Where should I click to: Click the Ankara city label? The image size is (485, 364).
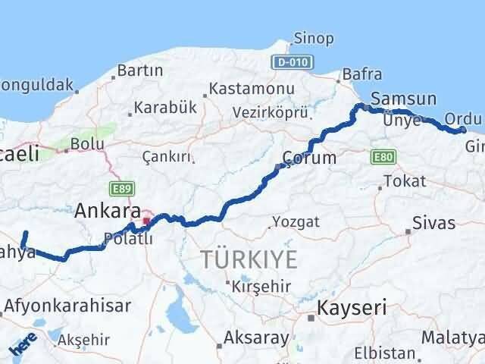(107, 210)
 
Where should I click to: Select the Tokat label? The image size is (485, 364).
(405, 181)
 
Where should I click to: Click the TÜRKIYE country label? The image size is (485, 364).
(249, 259)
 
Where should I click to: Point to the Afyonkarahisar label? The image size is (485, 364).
(67, 306)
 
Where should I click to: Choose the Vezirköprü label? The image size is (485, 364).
(271, 112)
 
